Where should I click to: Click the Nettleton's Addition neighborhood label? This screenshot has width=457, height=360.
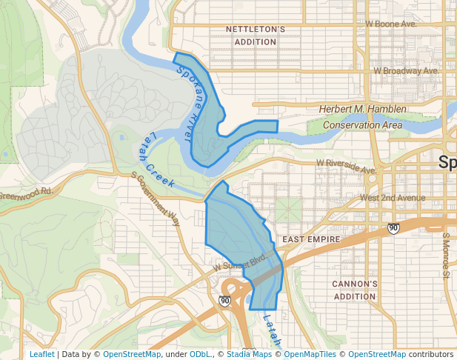tap(256, 36)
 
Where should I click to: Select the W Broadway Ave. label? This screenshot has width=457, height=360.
tap(405, 71)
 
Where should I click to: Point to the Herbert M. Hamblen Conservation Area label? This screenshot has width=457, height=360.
tap(362, 117)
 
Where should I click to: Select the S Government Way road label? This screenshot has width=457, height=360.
tap(156, 199)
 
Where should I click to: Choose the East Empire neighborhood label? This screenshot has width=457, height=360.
tap(310, 240)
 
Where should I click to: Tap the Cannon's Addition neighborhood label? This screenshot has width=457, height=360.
tap(355, 290)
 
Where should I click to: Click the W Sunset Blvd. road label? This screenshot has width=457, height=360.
tap(238, 264)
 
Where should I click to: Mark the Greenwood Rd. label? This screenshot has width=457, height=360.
tap(27, 193)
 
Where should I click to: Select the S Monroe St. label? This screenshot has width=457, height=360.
tap(446, 255)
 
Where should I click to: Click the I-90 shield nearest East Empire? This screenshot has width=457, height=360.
tap(394, 228)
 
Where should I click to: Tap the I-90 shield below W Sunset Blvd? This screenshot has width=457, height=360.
tap(224, 301)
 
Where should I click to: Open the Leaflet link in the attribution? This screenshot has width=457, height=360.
tap(41, 354)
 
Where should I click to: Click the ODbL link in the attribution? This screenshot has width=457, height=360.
tap(200, 354)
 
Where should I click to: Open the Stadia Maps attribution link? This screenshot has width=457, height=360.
tap(249, 354)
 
